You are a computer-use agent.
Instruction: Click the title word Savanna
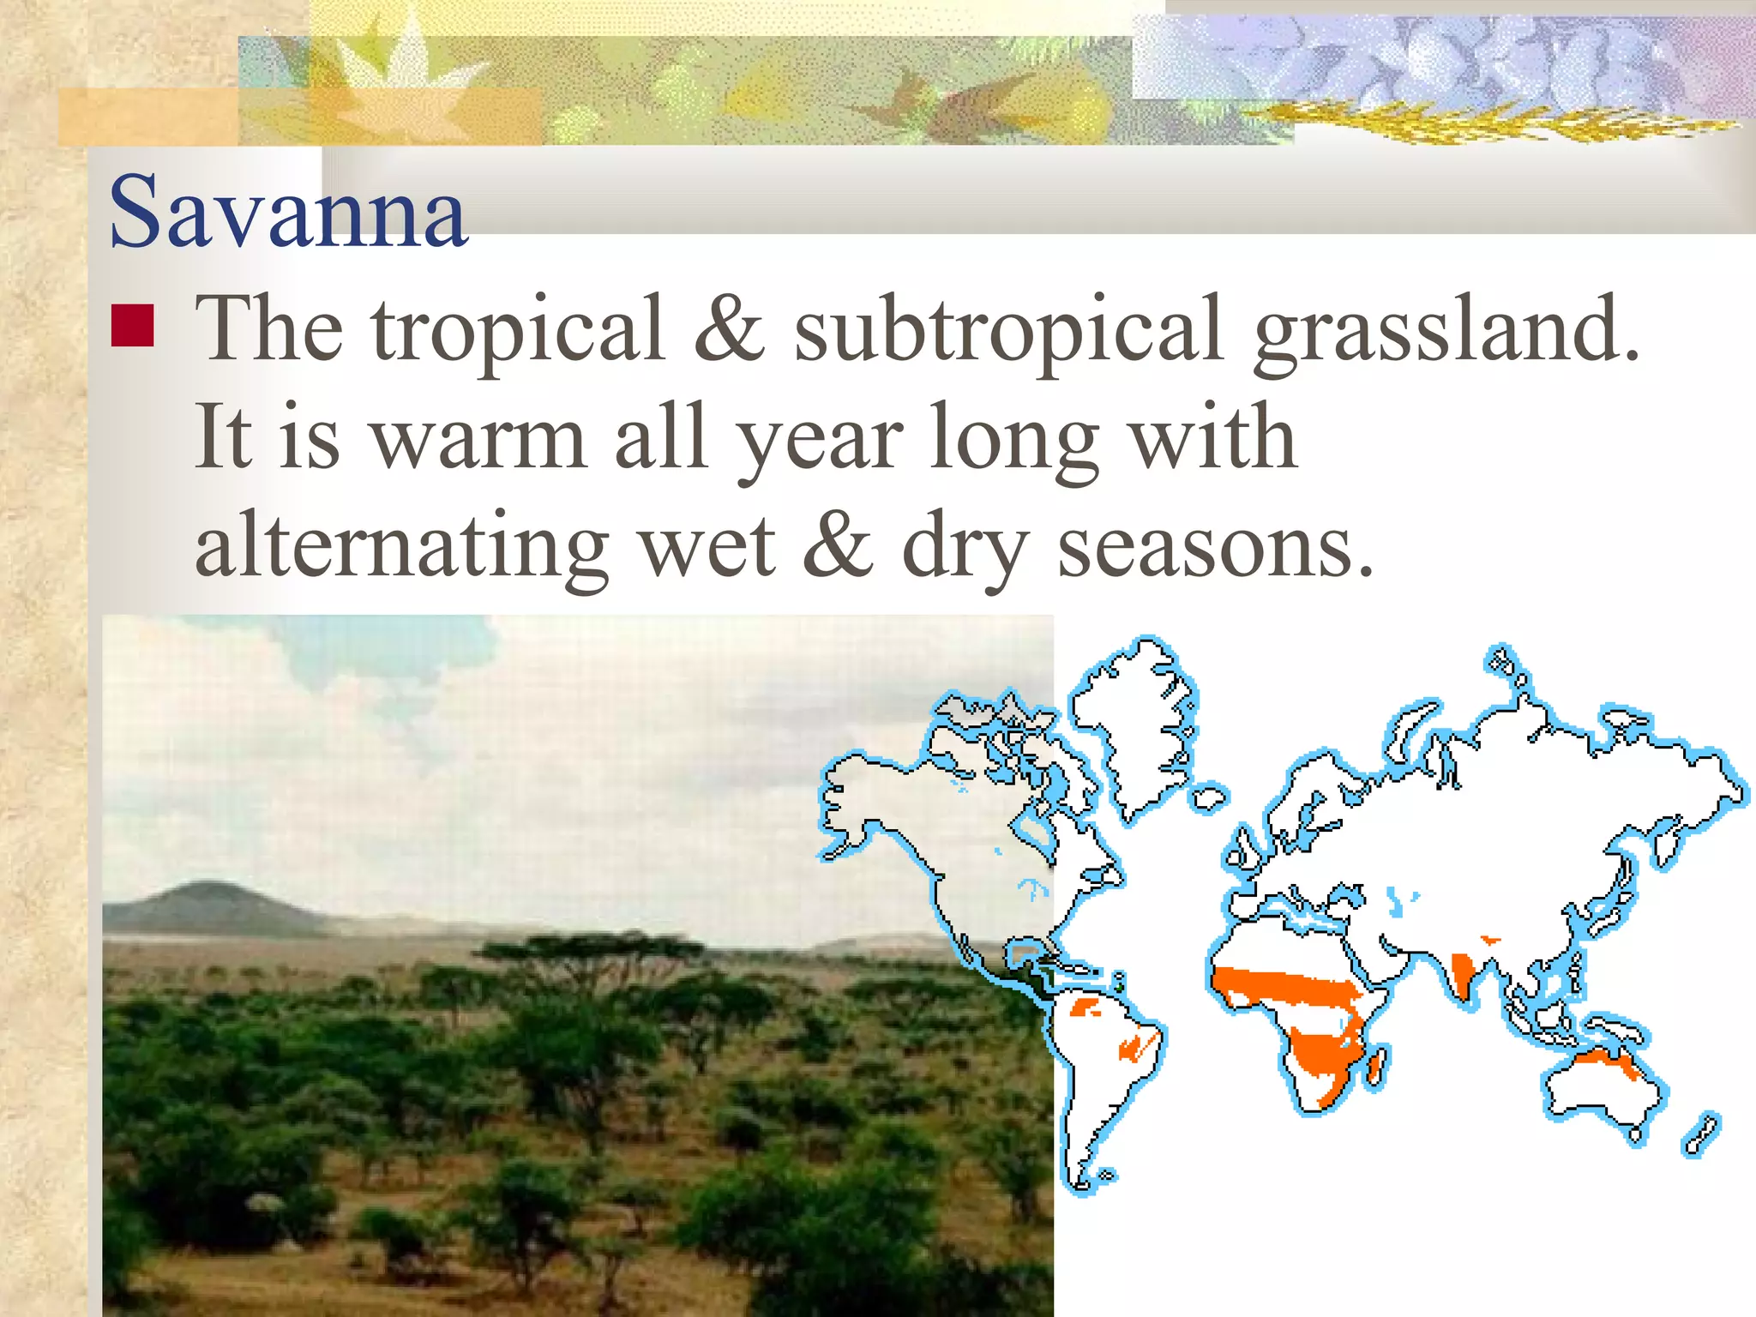(x=288, y=212)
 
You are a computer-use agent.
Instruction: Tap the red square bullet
(x=132, y=326)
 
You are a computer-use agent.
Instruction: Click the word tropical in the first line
(x=518, y=331)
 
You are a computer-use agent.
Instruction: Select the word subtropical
(x=1008, y=331)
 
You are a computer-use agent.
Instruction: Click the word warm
(x=480, y=439)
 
